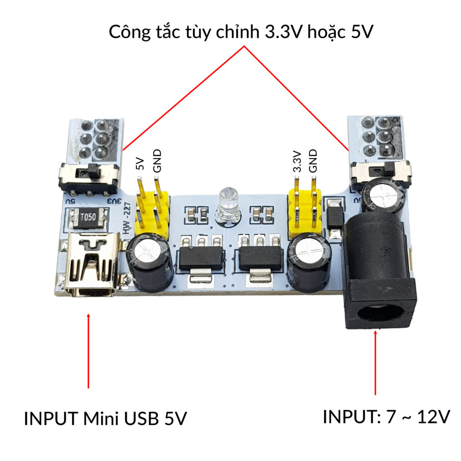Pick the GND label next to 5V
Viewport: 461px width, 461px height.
click(x=157, y=161)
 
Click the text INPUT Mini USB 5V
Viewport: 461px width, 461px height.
click(x=105, y=419)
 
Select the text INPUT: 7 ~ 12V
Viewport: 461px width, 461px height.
click(x=386, y=417)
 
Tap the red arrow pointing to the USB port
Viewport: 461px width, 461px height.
click(x=88, y=351)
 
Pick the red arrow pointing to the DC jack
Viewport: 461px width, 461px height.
click(x=376, y=362)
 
